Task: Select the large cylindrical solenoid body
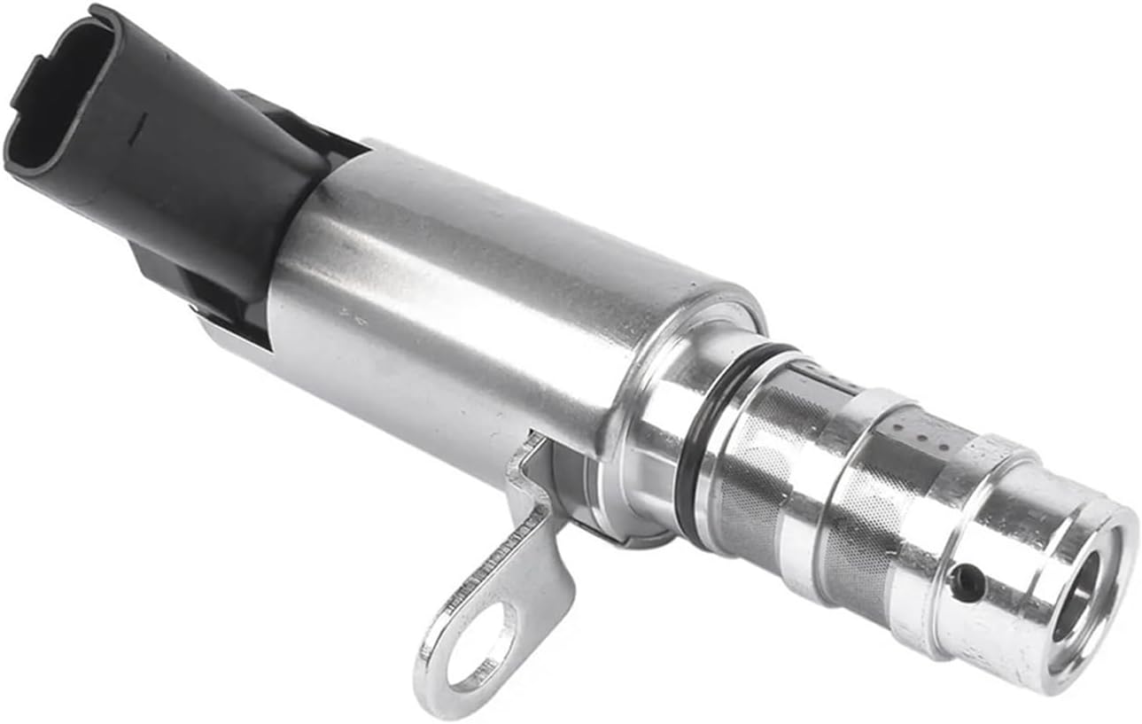coord(496,301)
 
